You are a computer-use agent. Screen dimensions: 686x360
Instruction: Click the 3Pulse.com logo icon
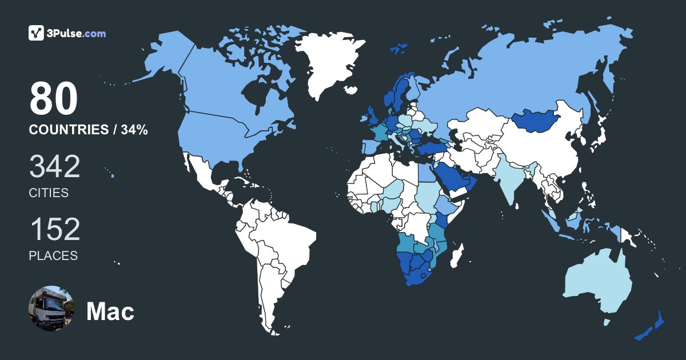coord(37,33)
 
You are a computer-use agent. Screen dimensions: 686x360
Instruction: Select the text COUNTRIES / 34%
coord(89,130)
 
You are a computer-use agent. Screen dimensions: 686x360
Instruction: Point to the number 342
coord(54,167)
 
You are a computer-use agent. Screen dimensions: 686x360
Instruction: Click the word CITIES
coord(49,193)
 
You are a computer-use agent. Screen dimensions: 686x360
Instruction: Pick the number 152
coord(54,230)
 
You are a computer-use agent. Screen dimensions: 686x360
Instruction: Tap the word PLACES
coord(53,256)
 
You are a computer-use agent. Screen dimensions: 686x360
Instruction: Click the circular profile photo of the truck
coord(51,309)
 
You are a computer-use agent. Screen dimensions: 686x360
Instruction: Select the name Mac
coord(110,311)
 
